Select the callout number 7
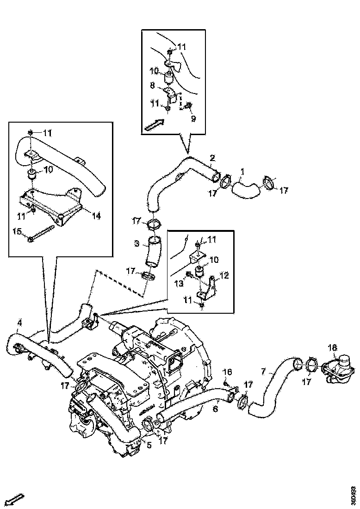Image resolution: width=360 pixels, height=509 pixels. click(x=263, y=371)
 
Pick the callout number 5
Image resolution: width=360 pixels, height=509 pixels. click(x=149, y=445)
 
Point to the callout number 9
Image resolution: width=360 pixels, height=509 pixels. click(x=193, y=118)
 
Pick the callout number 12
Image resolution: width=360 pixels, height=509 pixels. click(x=224, y=276)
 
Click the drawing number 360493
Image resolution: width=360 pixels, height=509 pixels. click(x=353, y=492)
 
